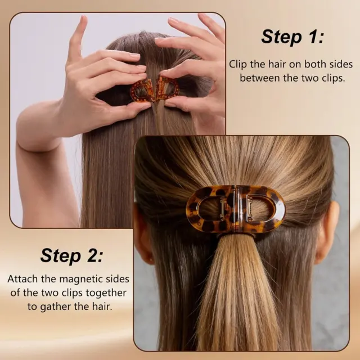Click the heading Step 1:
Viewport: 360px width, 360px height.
[292, 37]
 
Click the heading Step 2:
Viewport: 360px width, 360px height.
[71, 255]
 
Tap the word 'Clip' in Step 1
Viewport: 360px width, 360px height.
[238, 64]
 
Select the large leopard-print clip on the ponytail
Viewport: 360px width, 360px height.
[236, 209]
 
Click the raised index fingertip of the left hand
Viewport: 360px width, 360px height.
[83, 19]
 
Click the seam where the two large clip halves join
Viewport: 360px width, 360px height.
[236, 209]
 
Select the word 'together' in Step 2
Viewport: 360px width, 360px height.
[106, 293]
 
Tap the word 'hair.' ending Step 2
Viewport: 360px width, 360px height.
[102, 307]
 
